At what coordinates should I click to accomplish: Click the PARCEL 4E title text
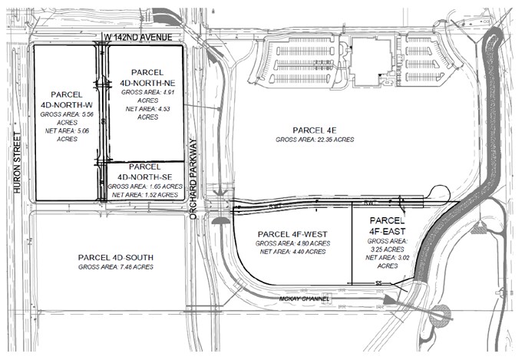(x=315, y=130)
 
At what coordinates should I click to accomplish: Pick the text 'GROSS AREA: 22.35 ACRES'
(x=315, y=140)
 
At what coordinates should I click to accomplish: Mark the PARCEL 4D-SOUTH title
(x=116, y=256)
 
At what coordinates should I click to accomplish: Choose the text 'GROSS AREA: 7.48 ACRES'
(x=116, y=266)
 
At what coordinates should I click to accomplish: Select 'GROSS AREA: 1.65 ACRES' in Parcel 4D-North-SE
(x=144, y=187)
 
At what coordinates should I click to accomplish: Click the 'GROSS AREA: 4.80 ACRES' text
(x=293, y=243)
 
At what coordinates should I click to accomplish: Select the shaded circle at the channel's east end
(x=441, y=313)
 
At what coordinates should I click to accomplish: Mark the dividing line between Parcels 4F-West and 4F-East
(x=351, y=246)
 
